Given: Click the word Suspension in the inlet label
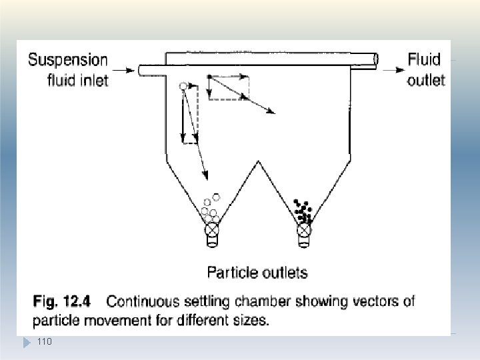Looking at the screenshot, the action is (68, 60).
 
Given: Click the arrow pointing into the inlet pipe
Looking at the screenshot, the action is (123, 71).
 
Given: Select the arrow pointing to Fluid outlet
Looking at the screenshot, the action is (394, 70).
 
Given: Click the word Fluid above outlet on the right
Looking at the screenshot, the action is (424, 59).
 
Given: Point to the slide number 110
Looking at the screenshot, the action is (45, 341).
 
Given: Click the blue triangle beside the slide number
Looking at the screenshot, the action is (27, 343).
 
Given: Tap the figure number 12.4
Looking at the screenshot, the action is (77, 301).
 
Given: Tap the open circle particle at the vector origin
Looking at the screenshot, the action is (183, 86).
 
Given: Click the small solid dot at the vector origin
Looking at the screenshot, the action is (209, 76).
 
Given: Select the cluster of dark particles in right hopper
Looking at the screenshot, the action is (303, 211).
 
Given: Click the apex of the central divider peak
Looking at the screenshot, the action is (259, 161).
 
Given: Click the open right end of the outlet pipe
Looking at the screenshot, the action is (376, 59).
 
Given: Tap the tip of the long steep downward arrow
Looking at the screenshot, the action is (207, 179).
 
